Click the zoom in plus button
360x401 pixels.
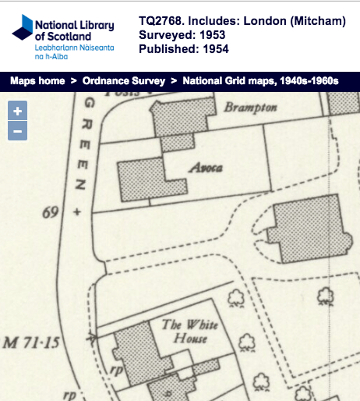coord(17,110)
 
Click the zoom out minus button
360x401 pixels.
coord(17,130)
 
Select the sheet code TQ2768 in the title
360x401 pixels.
coord(164,22)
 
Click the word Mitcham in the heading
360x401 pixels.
coord(316,22)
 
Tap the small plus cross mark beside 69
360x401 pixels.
coord(76,212)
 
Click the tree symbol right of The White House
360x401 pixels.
coord(249,341)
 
